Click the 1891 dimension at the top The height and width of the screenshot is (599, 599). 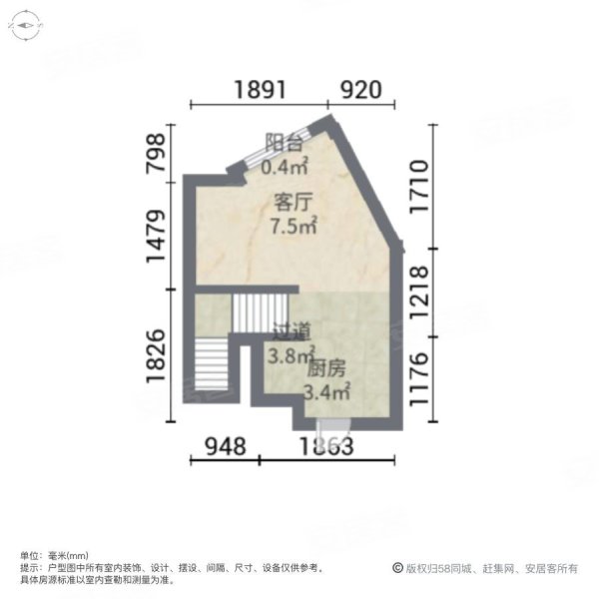(x=261, y=89)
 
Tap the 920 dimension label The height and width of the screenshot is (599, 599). (x=359, y=89)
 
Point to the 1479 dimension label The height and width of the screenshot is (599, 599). (x=156, y=236)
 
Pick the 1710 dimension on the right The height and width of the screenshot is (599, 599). (x=420, y=187)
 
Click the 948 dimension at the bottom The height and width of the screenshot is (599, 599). (x=221, y=446)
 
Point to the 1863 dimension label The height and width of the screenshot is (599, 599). (x=321, y=446)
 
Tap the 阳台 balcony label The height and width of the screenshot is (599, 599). (x=282, y=142)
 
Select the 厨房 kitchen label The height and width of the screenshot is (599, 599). (x=326, y=368)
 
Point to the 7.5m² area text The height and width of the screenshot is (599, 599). (x=294, y=226)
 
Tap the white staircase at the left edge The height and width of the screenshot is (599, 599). (x=212, y=366)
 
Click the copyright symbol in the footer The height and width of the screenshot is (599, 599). (x=398, y=567)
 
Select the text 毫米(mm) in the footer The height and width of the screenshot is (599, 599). (x=70, y=556)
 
